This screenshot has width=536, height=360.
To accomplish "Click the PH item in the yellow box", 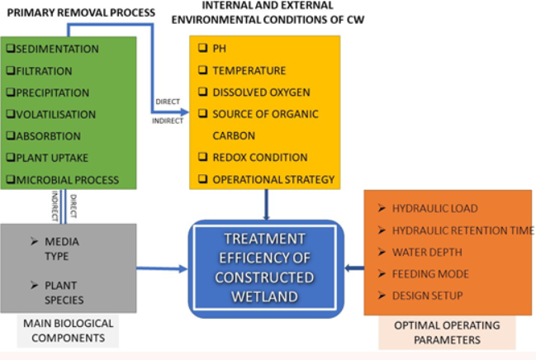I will pyautogui.click(x=220, y=49).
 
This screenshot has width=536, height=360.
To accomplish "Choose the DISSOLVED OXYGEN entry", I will pyautogui.click(x=255, y=92).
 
